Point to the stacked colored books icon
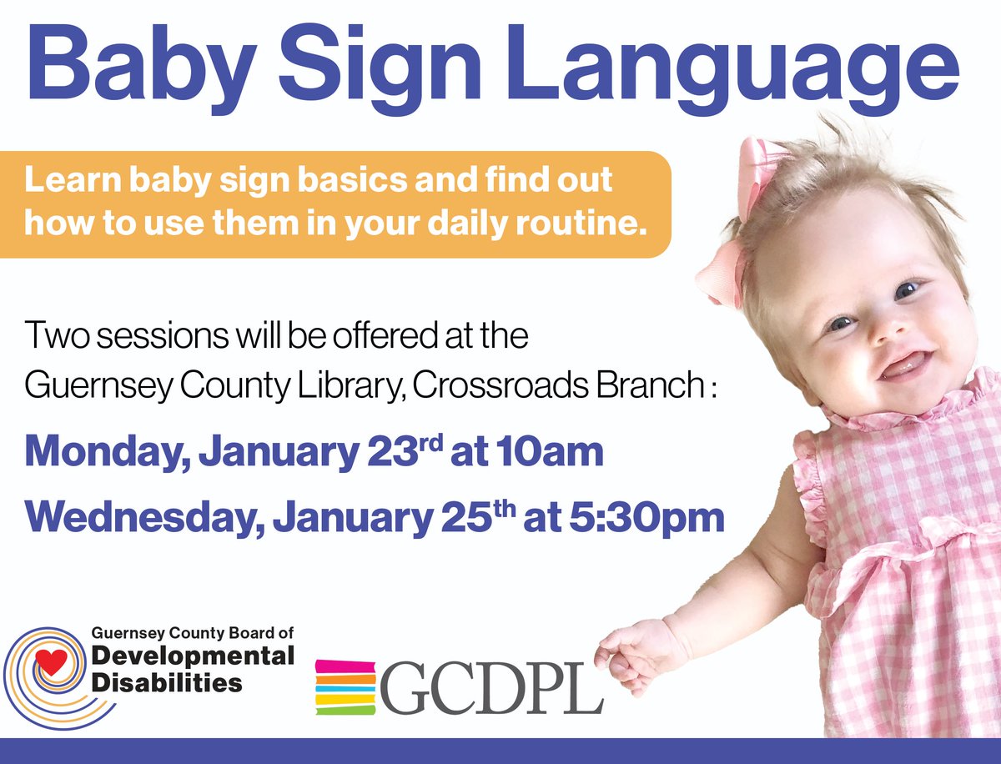click(x=345, y=687)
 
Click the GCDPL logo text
click(x=491, y=687)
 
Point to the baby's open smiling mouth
click(x=903, y=365)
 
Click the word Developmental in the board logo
click(x=193, y=656)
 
